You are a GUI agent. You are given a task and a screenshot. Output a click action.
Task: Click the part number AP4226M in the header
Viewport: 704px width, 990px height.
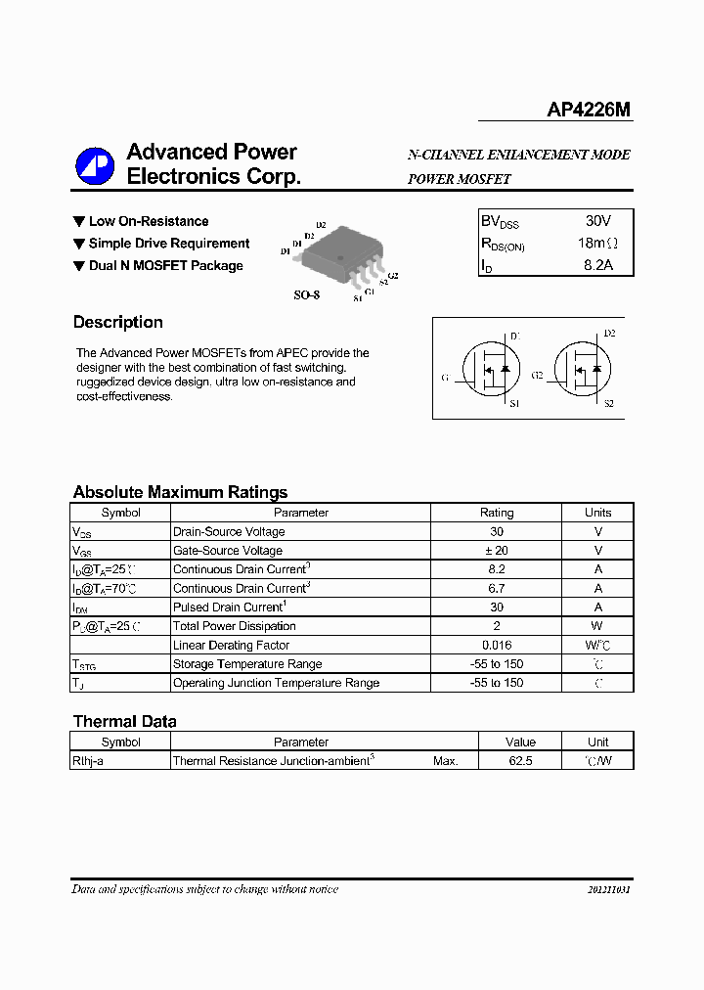tap(589, 111)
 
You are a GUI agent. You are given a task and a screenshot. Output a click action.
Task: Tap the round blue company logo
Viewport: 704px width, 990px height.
tap(95, 165)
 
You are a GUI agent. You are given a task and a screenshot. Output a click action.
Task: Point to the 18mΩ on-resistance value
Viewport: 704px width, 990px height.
tap(596, 243)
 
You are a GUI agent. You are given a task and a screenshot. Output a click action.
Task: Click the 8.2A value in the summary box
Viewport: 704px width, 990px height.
tap(597, 265)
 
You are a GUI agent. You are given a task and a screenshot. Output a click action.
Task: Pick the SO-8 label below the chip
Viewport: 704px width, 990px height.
tap(307, 294)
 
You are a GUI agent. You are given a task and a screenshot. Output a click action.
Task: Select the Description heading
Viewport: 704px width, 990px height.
tap(118, 322)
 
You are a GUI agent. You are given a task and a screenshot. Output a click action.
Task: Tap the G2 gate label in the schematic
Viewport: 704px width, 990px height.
tap(537, 376)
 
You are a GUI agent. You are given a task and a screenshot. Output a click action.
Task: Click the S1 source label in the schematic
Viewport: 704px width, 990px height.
tap(514, 403)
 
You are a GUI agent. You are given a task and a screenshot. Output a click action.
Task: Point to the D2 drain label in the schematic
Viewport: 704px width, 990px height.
tap(609, 335)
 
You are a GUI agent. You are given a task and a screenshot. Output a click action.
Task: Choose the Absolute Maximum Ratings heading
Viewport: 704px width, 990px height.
tap(180, 492)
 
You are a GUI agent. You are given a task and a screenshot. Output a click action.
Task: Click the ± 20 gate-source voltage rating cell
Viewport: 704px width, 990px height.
tap(496, 551)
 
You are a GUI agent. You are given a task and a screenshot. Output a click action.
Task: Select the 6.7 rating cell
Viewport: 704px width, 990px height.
tap(496, 588)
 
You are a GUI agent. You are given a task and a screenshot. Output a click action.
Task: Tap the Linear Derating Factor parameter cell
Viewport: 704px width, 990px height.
tap(231, 645)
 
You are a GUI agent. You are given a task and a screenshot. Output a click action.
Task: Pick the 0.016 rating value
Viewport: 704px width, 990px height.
tap(496, 645)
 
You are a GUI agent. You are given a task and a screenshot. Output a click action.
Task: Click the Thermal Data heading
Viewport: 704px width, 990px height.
tap(124, 721)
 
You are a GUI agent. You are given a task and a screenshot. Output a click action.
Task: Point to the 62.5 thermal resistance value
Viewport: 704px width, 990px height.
tap(520, 760)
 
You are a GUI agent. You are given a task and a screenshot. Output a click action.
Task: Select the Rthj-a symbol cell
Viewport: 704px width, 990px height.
tap(88, 760)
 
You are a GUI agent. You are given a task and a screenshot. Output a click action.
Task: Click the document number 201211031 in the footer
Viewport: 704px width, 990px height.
tap(608, 890)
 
